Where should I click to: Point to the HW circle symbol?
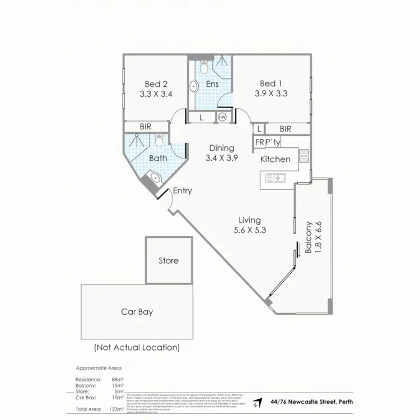point(222,117)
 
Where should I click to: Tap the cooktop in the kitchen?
point(305,156)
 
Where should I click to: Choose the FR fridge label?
point(259,142)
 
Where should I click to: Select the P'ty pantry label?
point(273,142)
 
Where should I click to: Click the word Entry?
point(182,190)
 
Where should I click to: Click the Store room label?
point(168,260)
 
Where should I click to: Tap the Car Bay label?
point(137,311)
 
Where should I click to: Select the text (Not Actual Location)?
point(137,347)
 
